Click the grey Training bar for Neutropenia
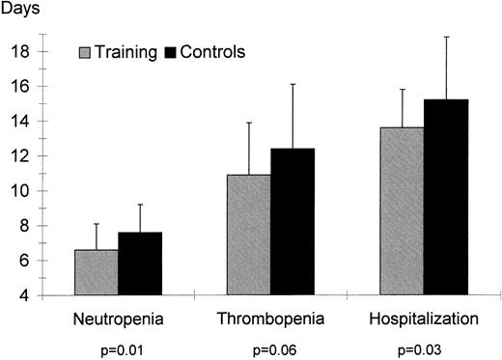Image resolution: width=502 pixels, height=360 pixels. [x=97, y=272]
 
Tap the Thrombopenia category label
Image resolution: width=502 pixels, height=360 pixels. [x=271, y=318]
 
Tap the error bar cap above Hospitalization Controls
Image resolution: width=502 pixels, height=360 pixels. [x=446, y=37]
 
